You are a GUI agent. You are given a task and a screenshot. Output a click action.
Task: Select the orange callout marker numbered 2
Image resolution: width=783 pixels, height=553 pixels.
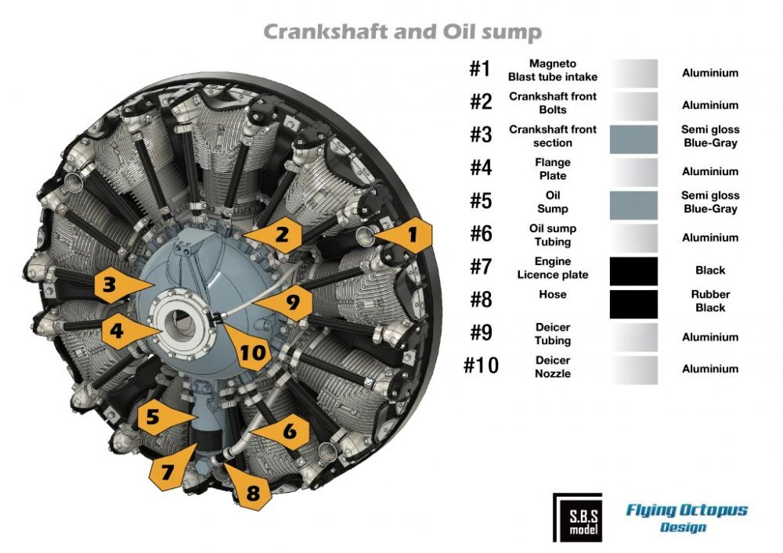[x=277, y=234]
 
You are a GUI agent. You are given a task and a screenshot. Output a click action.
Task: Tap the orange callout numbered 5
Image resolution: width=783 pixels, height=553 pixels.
[x=160, y=416]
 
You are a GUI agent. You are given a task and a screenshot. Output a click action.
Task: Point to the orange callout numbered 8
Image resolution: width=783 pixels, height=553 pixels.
[x=249, y=490]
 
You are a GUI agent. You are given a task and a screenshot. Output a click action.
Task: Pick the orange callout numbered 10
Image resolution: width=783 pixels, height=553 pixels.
[x=248, y=350]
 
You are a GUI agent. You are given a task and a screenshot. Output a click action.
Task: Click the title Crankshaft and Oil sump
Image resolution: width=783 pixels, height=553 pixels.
[x=402, y=31]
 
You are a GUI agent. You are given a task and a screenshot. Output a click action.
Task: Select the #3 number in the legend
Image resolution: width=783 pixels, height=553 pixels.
[x=481, y=135]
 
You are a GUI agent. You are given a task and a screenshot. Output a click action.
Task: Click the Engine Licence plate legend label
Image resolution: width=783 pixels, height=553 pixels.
[x=552, y=268]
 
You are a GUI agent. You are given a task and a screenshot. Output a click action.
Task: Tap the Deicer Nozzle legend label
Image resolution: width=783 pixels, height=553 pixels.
[x=552, y=367]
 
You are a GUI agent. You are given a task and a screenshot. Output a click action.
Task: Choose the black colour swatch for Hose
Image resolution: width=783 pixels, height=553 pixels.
[x=633, y=304]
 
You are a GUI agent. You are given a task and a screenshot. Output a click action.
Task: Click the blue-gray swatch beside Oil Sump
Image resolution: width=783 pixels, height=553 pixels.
[x=633, y=205]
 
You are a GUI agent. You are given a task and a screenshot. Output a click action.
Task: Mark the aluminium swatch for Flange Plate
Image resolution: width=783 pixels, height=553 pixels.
[x=633, y=172]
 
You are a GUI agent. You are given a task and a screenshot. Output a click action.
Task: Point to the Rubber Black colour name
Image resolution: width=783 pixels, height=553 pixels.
[x=710, y=301]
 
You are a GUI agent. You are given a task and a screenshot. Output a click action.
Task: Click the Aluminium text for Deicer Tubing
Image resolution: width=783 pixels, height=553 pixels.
[x=710, y=337]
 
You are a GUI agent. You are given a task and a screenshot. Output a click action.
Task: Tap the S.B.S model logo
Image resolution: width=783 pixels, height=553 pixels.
[x=578, y=518]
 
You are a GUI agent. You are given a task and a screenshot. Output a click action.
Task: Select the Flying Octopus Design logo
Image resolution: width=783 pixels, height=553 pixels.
[x=687, y=518]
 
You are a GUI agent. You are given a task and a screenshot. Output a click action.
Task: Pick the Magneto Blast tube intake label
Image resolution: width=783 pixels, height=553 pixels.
[x=552, y=70]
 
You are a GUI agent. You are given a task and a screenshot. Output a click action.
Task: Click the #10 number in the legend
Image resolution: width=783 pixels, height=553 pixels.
[x=481, y=365]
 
